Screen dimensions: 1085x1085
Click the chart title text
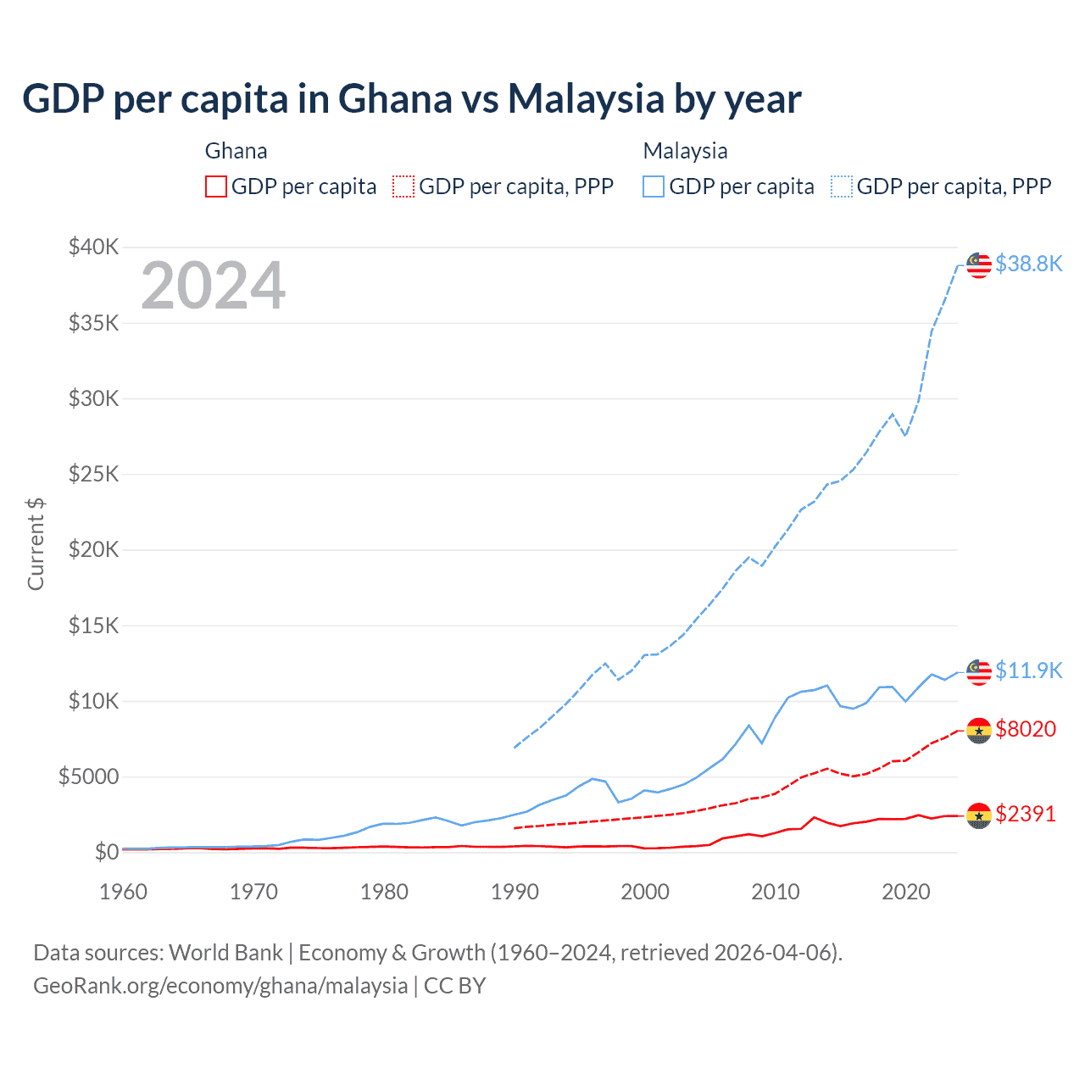411,99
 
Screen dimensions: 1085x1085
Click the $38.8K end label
1028,264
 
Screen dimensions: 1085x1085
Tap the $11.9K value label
1028,670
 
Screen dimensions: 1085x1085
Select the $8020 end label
1026,729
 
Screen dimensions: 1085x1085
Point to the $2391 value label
1026,814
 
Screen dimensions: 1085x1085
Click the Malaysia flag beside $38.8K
979,265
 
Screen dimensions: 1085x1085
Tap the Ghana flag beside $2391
979,815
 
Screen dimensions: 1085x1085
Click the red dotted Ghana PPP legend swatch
403,186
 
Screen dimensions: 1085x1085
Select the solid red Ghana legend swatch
216,186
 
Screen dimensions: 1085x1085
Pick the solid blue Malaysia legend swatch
654,186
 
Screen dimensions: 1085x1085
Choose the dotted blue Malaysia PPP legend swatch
842,186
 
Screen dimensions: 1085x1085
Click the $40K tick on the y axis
94,248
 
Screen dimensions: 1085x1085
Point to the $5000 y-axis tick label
88,776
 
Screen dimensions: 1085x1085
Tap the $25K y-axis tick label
94,474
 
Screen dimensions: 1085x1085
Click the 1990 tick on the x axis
515,892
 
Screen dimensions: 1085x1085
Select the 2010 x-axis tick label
776,892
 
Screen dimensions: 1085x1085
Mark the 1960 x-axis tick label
124,892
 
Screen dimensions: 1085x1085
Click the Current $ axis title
36,543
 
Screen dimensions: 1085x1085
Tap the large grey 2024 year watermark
214,286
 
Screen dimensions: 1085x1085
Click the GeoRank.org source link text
220,986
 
